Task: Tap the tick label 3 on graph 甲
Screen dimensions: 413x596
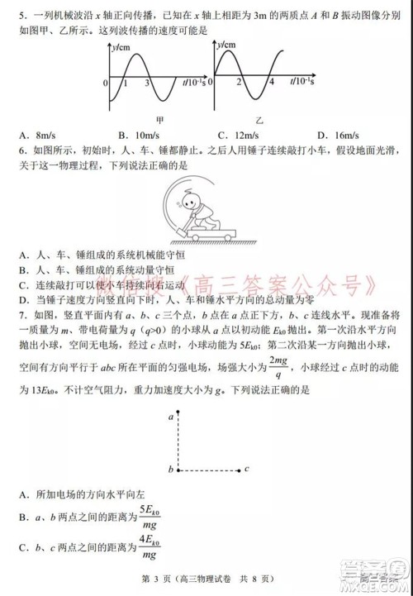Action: click(x=147, y=83)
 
